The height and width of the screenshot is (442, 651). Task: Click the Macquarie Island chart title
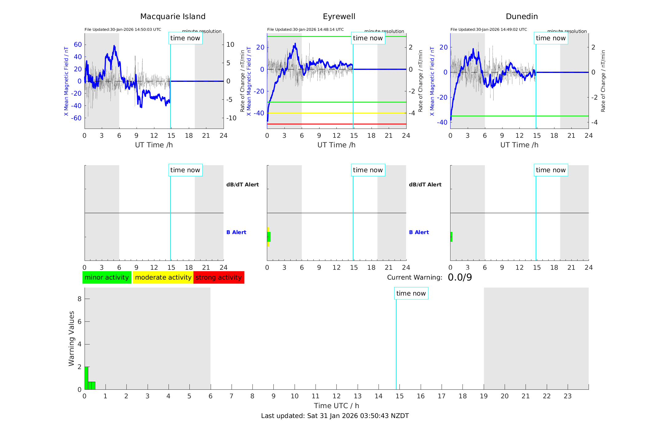click(x=173, y=17)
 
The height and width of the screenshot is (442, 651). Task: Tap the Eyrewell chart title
click(x=339, y=17)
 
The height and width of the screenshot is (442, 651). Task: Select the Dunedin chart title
click(x=522, y=17)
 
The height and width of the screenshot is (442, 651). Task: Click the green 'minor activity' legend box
click(x=107, y=277)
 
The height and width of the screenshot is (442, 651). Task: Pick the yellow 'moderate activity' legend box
click(x=163, y=277)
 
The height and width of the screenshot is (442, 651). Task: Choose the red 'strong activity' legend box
click(x=219, y=277)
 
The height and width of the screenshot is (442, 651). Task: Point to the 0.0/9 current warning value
click(x=460, y=277)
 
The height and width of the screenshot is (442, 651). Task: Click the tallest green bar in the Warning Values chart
click(x=86, y=378)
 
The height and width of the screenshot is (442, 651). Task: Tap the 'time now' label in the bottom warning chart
click(x=411, y=293)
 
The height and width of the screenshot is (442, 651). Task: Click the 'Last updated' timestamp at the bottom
click(x=335, y=416)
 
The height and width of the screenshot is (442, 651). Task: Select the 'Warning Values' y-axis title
click(x=71, y=338)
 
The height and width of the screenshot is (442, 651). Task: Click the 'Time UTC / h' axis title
click(x=336, y=406)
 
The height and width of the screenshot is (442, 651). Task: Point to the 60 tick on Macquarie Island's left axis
click(x=78, y=45)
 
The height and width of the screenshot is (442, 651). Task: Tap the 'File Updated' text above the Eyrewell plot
click(x=305, y=30)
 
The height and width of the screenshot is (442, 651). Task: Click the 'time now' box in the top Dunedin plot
click(x=550, y=38)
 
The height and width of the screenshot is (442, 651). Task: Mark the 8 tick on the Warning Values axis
click(x=80, y=299)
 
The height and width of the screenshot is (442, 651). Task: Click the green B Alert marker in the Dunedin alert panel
click(x=451, y=237)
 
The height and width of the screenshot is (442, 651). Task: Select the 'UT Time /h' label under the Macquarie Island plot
click(x=154, y=145)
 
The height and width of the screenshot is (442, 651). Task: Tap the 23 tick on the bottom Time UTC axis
click(x=567, y=396)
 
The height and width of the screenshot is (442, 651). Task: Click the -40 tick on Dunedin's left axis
click(x=443, y=122)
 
